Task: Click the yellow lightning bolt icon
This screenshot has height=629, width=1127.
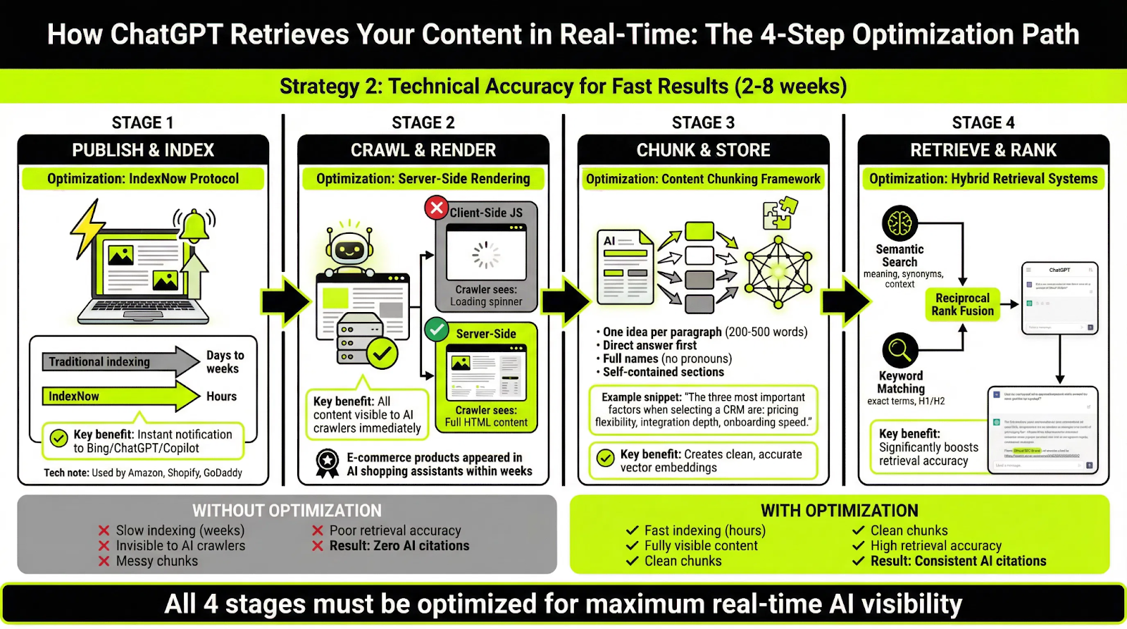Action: (87, 229)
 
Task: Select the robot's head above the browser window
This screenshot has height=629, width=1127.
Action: (349, 247)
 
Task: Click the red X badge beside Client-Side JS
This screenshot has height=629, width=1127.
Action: (437, 208)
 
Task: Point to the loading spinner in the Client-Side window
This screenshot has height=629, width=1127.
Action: (486, 256)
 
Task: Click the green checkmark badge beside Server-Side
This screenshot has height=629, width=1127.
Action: (437, 329)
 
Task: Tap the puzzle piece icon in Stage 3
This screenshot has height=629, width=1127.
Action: (780, 213)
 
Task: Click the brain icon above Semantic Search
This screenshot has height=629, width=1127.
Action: (899, 224)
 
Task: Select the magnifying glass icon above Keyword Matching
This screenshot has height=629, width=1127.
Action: (899, 349)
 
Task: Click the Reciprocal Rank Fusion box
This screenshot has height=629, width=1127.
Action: (962, 305)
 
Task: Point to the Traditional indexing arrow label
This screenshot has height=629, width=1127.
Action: (99, 362)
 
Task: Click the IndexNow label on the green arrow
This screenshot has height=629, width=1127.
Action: (74, 397)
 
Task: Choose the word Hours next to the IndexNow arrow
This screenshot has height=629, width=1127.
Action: (221, 397)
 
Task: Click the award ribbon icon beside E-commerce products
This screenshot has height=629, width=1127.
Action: (328, 463)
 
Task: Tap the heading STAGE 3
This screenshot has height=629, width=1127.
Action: (703, 123)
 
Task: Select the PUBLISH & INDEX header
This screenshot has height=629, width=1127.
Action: (143, 150)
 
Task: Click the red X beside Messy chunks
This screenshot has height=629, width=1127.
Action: (104, 561)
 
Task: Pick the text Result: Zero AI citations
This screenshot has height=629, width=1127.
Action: (399, 546)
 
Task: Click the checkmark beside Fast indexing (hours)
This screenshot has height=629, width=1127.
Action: (633, 530)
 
